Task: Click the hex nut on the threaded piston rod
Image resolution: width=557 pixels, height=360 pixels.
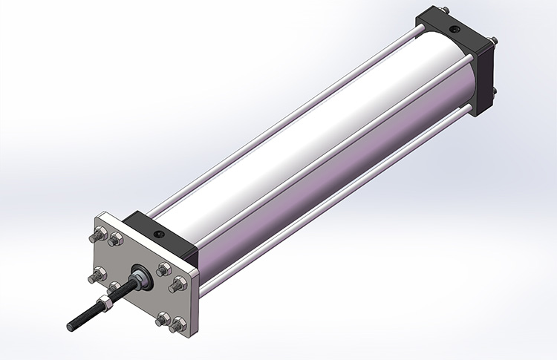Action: pyautogui.click(x=107, y=304)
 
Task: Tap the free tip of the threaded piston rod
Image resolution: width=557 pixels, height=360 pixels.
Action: pyautogui.click(x=71, y=326)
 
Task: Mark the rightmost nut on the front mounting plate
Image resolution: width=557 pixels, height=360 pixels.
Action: pyautogui.click(x=178, y=284)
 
